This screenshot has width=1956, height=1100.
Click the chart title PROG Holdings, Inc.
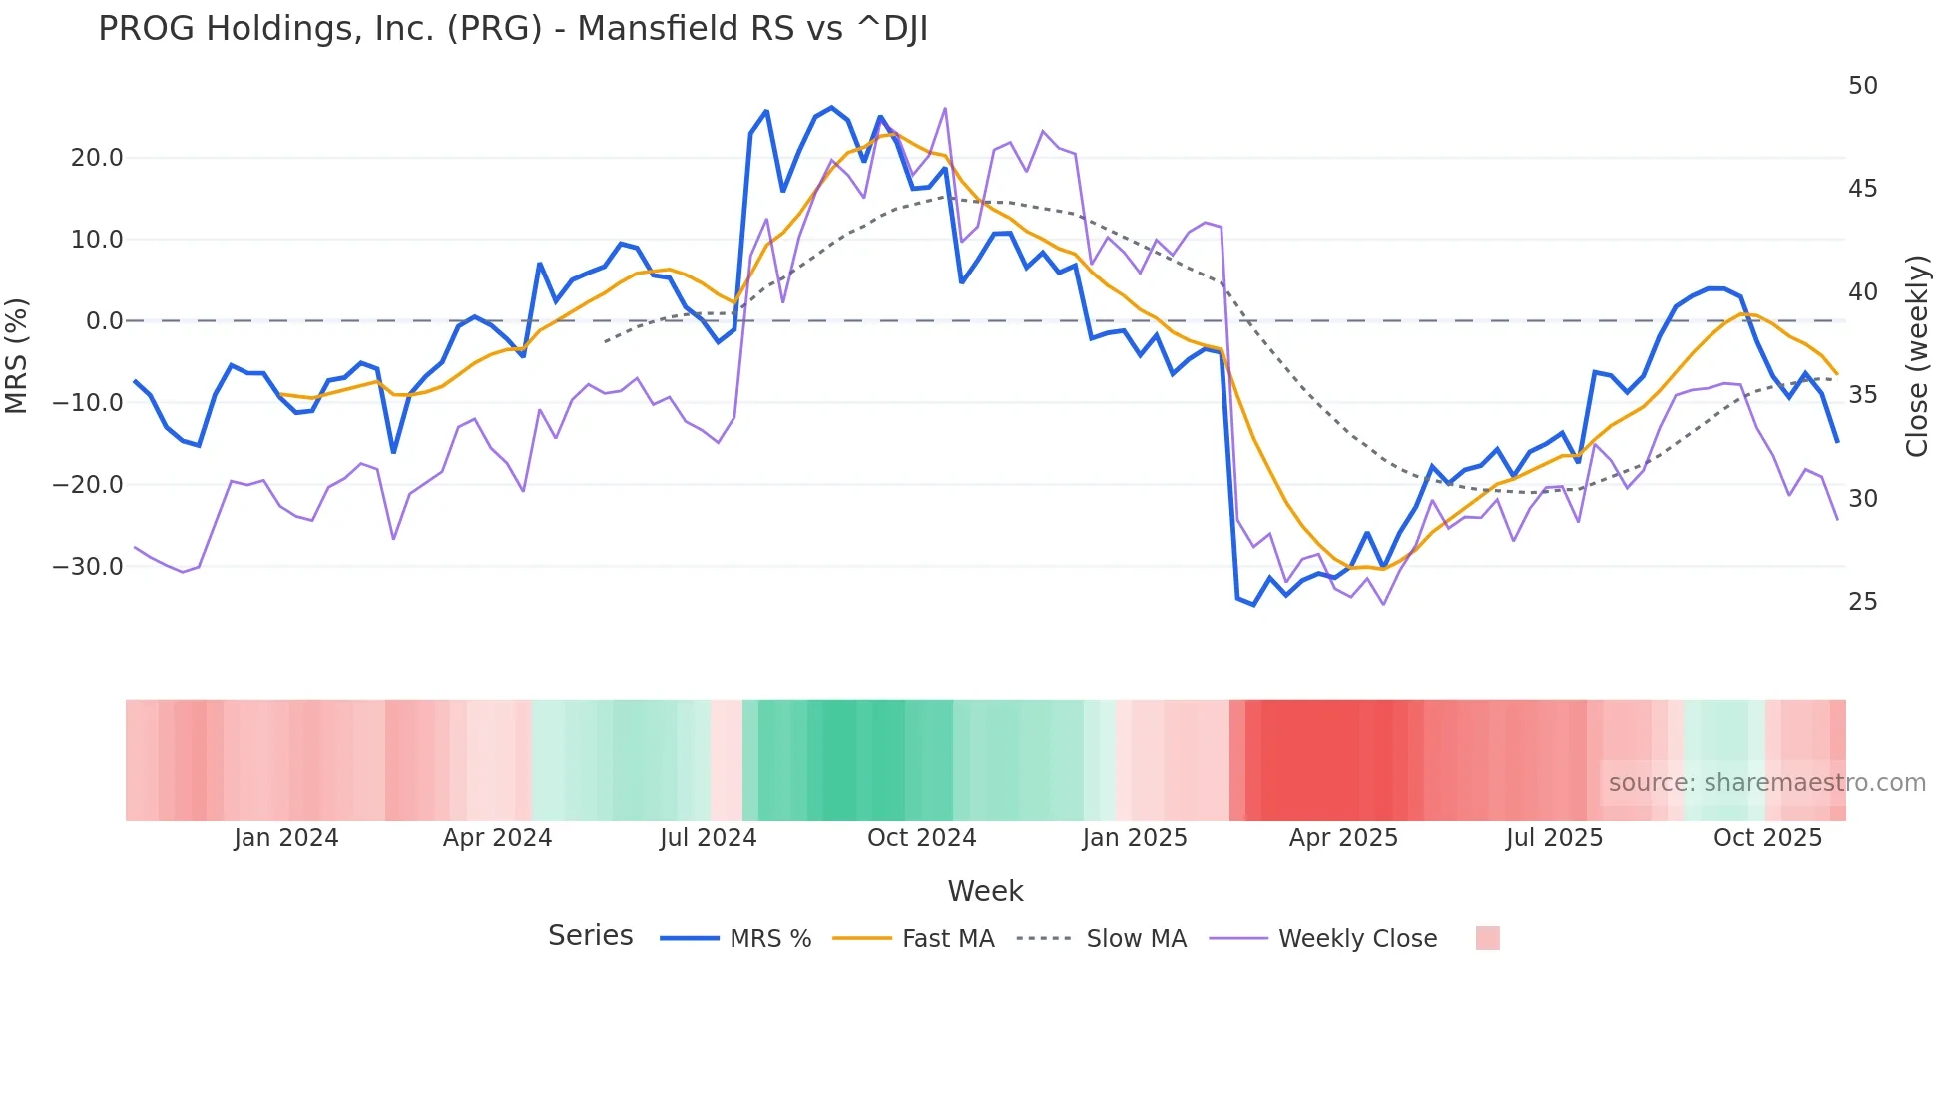point(512,29)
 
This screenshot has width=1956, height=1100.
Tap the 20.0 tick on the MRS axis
point(97,158)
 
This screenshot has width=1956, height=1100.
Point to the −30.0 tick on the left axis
point(88,567)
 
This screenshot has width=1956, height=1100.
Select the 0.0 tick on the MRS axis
point(104,321)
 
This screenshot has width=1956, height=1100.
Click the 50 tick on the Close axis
point(1862,86)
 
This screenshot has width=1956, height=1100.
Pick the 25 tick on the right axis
point(1862,602)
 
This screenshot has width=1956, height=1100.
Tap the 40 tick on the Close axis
point(1862,292)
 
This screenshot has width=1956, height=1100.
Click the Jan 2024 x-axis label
point(286,838)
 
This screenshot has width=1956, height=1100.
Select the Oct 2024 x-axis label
point(921,838)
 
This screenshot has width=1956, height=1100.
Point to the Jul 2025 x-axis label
point(1554,838)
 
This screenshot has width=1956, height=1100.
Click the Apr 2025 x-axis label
point(1343,838)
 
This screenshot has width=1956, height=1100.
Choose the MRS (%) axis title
point(17,356)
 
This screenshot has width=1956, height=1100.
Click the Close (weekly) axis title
point(1917,356)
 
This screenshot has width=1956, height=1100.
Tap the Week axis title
point(985,891)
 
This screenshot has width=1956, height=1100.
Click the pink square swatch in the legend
point(1487,938)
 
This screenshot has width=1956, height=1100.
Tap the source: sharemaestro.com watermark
point(1766,783)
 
